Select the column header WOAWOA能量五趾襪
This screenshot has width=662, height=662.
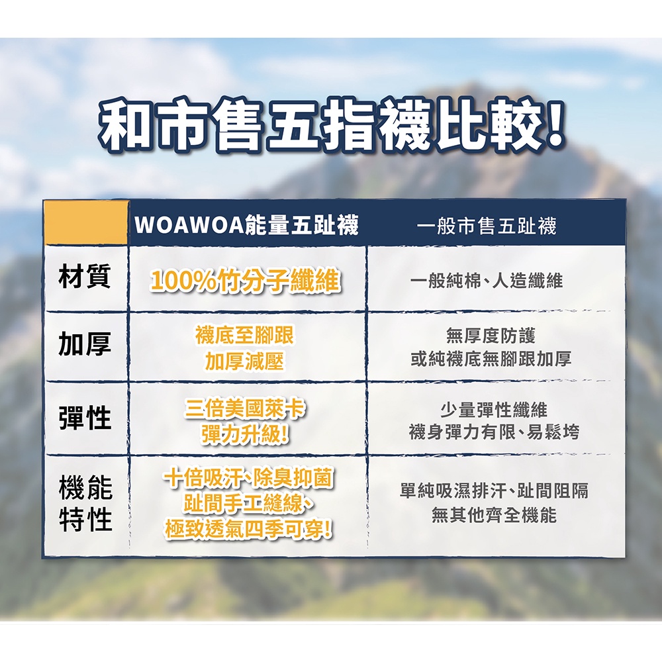coord(246,224)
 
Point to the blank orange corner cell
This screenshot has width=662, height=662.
coord(86,222)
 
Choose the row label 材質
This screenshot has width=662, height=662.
coord(85,276)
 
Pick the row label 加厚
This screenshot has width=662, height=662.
coord(85,344)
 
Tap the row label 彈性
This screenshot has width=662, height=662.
coord(85,418)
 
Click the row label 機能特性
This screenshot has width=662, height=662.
coord(85,503)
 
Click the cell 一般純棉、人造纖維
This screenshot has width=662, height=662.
coord(487,280)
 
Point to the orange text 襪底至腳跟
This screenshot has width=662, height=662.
coord(245,336)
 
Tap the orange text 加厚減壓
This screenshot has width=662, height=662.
coord(245,361)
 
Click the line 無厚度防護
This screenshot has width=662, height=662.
coord(491,336)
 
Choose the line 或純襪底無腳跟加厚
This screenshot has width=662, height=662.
coord(491,359)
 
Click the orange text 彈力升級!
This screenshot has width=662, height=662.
coord(245,434)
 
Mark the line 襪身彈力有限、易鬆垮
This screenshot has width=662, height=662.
coord(494,432)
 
